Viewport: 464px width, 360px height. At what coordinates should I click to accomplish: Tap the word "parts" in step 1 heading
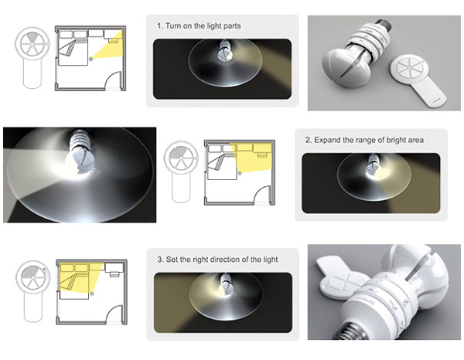232,26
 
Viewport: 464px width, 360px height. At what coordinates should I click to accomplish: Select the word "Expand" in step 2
327,140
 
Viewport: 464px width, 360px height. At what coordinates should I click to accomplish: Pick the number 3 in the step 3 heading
160,260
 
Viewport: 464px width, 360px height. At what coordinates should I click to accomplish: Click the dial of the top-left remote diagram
32,44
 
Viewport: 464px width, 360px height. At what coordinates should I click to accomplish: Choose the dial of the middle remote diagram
181,158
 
